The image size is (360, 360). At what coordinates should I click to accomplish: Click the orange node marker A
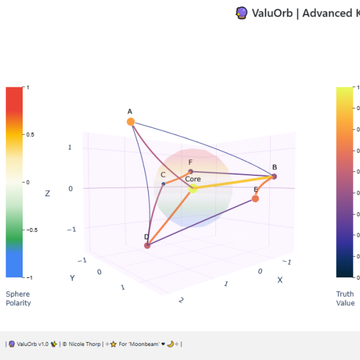[131, 121]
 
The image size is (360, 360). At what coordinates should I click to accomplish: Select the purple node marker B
[274, 176]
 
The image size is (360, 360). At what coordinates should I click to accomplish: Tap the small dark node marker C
[163, 184]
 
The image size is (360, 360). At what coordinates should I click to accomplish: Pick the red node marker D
[147, 246]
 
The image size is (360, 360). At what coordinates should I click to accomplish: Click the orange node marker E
[255, 199]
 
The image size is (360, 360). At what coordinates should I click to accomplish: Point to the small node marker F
[191, 171]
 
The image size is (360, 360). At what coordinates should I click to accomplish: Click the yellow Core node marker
[193, 189]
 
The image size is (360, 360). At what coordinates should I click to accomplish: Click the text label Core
[193, 179]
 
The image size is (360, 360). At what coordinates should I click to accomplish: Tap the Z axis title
[47, 193]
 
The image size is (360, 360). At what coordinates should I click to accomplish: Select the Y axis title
[71, 277]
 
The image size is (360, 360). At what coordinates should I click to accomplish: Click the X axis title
[280, 280]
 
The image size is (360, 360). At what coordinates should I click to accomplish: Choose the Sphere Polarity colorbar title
[18, 298]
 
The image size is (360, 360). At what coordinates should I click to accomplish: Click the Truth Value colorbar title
[345, 298]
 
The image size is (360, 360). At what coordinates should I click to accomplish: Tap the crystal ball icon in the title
[242, 13]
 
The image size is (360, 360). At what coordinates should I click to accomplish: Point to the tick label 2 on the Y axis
[181, 301]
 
